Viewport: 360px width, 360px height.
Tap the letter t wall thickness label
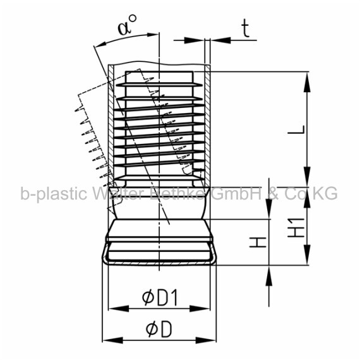pyautogui.click(x=246, y=28)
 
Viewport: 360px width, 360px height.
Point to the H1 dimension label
pyautogui.click(x=297, y=227)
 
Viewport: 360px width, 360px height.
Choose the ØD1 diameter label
pyautogui.click(x=160, y=297)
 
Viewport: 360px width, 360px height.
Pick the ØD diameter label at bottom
pyautogui.click(x=159, y=329)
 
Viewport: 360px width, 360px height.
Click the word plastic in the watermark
pyautogui.click(x=62, y=193)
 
